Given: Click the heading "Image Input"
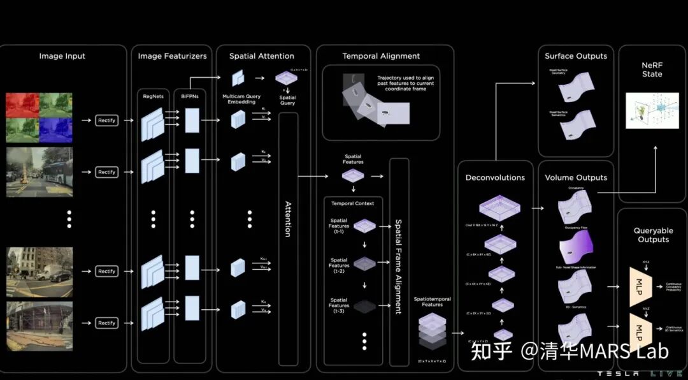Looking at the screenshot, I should point(62,56).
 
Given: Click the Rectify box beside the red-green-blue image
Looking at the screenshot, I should point(106,120).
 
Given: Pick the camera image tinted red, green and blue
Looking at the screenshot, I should point(39,117).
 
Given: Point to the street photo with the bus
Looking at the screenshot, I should point(39,173).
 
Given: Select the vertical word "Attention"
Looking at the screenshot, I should point(288,220).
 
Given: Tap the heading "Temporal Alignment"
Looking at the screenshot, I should point(381,56).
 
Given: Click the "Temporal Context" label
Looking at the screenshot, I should point(352,203).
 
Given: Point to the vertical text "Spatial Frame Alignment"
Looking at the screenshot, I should point(399,267).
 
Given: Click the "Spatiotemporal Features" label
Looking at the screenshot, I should point(432,302).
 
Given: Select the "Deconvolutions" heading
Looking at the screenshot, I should point(495,177).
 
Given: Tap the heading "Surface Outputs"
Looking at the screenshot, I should point(576,56).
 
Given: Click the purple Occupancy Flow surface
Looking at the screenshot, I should point(576,245).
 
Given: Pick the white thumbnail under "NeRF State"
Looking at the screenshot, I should point(652,110).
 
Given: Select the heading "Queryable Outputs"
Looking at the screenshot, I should point(653,235).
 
